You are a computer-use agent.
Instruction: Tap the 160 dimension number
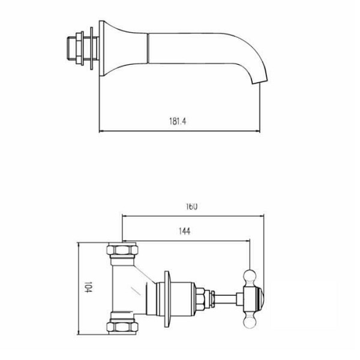[191, 206]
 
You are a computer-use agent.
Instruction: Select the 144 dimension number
[184, 232]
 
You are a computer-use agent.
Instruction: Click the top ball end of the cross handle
[250, 275]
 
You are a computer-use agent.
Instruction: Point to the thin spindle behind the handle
[227, 298]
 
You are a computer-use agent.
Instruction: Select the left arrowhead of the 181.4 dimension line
[100, 131]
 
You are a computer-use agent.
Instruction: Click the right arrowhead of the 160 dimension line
[263, 215]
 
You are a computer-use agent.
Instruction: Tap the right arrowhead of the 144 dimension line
[248, 241]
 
